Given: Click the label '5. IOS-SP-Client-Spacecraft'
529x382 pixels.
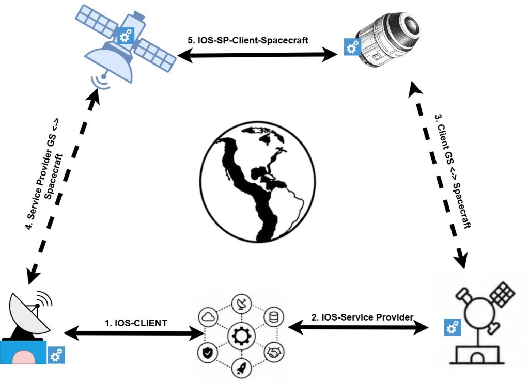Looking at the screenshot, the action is point(247,40).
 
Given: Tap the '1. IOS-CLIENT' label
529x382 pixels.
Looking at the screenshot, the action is point(136,323).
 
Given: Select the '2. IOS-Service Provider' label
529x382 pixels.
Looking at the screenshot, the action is point(362,317).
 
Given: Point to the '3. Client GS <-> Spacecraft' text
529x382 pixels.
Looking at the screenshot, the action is point(453,171).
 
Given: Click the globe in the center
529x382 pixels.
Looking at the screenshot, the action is point(258,182).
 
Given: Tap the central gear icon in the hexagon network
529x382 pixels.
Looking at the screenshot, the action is point(242,336).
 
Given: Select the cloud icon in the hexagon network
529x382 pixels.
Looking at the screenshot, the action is point(208,317).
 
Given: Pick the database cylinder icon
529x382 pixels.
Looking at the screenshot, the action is point(274,317).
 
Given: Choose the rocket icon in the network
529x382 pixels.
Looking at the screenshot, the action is point(242,368).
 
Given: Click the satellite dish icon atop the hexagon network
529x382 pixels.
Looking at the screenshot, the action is point(242,303).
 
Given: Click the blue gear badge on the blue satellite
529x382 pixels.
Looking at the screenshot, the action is point(125,36).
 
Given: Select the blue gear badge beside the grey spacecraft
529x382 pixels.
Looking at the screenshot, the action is point(352,47).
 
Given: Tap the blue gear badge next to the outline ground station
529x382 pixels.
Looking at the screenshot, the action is point(453,327).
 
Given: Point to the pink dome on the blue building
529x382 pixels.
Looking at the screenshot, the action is point(24,357).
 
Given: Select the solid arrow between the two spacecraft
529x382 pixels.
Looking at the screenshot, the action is point(257,55).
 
